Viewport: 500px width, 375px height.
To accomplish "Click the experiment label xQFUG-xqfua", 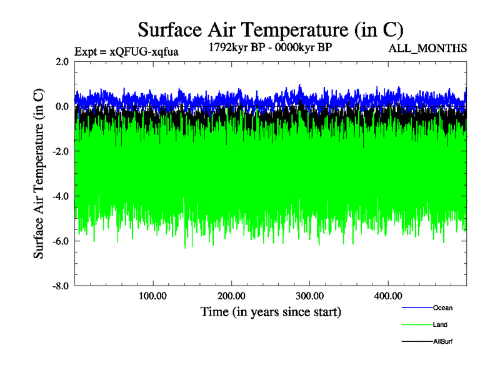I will click(126, 52).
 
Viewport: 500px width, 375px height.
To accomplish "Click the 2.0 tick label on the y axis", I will click(62, 61).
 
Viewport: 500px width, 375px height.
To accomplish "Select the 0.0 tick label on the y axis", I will click(62, 106).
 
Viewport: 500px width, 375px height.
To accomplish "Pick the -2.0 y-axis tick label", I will click(61, 151).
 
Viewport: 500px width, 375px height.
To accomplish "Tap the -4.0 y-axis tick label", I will click(61, 196).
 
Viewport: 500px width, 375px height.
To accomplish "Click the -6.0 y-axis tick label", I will click(61, 241).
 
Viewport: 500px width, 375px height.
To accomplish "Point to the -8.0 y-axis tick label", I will click(61, 286).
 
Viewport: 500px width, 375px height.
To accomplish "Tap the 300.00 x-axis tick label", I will click(309, 296).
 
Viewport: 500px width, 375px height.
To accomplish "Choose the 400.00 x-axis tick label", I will click(387, 296).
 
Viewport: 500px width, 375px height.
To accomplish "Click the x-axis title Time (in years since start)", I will click(271, 311).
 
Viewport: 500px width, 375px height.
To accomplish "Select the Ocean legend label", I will click(442, 307).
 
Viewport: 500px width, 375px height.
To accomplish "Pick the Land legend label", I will click(440, 325).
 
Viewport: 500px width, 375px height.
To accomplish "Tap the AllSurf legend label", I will click(442, 342).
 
